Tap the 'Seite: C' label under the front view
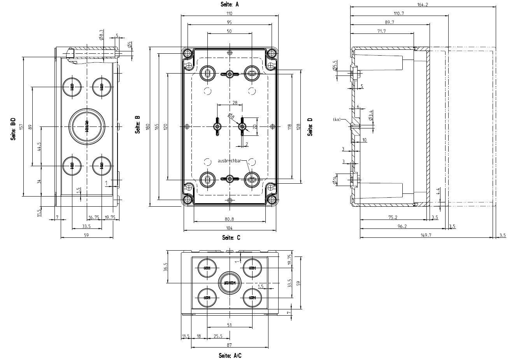coord(231,237)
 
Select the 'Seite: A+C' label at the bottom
coord(230,356)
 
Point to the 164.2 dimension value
coord(423,5)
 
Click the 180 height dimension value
coord(148,127)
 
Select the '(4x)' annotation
coord(337,119)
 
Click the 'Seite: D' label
coord(310,127)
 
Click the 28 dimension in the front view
coord(235,103)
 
